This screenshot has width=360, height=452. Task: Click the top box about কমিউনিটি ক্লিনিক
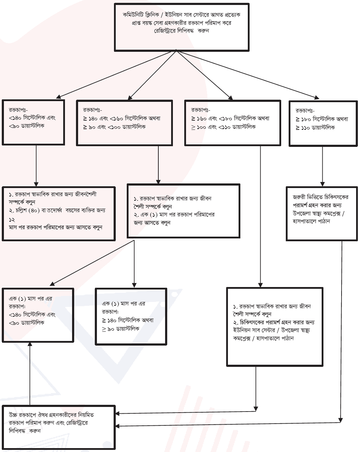(x=181, y=27)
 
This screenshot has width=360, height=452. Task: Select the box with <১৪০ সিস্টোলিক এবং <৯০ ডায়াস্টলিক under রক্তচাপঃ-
(x=33, y=122)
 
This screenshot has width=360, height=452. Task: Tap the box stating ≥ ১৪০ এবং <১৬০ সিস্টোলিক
(x=124, y=123)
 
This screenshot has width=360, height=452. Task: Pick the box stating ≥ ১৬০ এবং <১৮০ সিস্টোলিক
(x=233, y=123)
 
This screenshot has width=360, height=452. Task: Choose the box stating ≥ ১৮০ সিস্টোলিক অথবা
(x=323, y=123)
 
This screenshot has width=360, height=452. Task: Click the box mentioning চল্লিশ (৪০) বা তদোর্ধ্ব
(x=59, y=214)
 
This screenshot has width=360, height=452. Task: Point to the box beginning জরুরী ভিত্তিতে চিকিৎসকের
(x=322, y=214)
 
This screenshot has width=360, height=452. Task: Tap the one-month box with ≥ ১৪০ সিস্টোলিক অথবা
(x=131, y=316)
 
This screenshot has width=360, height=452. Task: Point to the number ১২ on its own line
(x=12, y=220)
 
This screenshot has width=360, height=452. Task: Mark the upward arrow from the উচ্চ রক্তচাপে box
(x=30, y=374)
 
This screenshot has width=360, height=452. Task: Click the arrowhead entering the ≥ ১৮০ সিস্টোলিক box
(x=317, y=97)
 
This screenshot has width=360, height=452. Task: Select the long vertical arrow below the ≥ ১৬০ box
(x=260, y=216)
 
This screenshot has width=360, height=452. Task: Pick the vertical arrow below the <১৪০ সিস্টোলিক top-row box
(x=36, y=166)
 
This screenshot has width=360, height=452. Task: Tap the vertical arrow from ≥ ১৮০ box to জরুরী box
(x=322, y=166)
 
